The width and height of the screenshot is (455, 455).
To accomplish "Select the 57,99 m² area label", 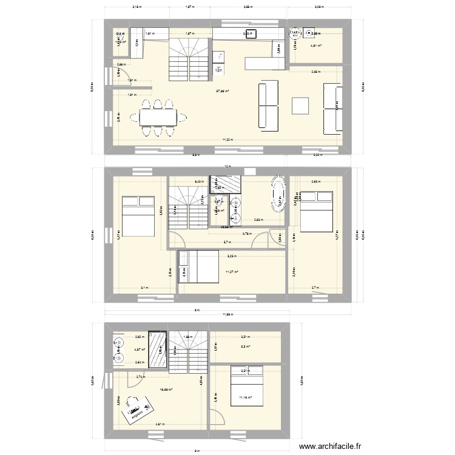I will [223, 92].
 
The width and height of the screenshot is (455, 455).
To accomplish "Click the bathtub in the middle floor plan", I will [278, 194].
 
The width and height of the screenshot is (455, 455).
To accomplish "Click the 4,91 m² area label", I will [316, 45].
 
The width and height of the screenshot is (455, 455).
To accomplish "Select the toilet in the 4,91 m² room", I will [295, 32].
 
